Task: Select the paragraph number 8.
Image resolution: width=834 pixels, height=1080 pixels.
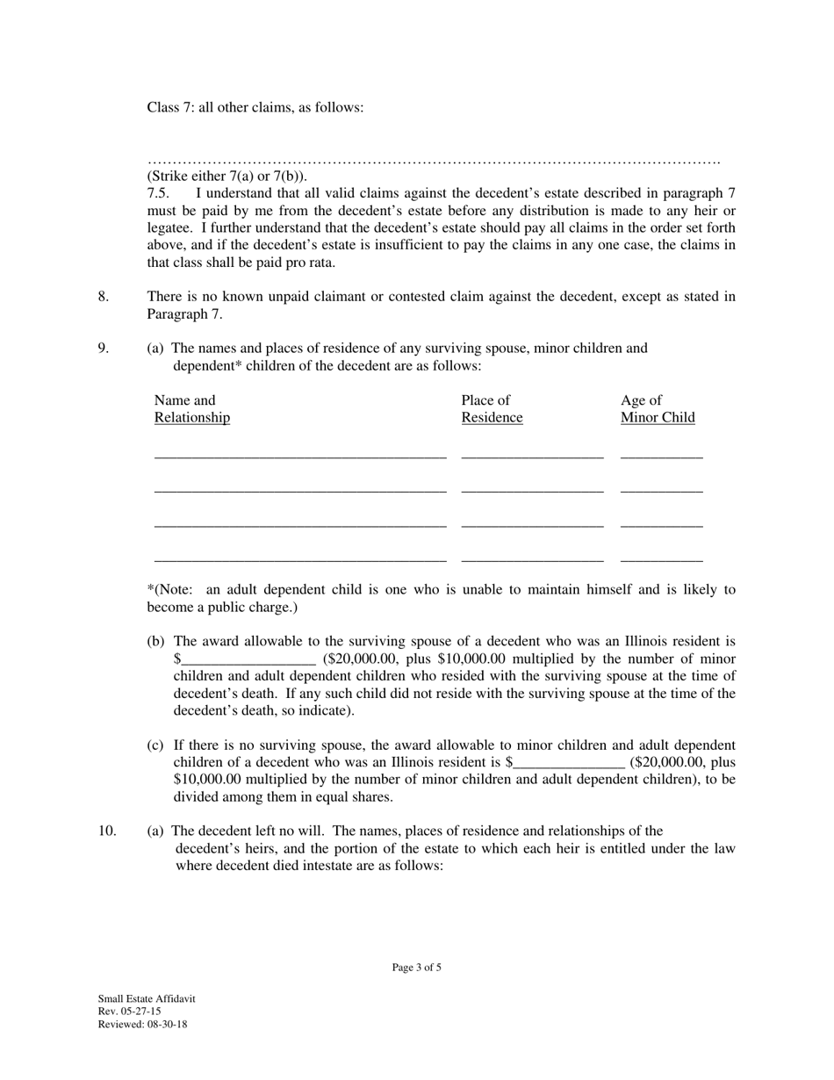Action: point(104,296)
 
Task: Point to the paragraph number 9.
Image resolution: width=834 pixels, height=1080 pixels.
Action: point(104,348)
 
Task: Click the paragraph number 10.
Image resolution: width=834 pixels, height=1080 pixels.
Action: point(107,831)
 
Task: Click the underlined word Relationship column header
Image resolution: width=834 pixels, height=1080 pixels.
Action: point(192,418)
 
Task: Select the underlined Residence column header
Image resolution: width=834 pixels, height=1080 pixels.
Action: point(492,418)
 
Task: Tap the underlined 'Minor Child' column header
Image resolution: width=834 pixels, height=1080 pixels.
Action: point(658,418)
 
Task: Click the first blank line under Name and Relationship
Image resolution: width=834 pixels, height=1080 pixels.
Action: point(300,455)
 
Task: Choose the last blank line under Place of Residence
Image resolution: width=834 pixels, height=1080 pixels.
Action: point(532,558)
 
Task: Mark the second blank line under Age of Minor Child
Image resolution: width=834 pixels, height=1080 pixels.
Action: point(661,489)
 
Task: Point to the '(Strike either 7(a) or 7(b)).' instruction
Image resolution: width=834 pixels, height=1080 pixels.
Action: point(227,176)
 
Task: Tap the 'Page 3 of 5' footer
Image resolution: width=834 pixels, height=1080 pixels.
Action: point(417,968)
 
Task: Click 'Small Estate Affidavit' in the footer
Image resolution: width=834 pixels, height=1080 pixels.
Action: point(147,999)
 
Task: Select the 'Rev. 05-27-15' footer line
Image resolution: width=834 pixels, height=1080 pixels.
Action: point(129,1012)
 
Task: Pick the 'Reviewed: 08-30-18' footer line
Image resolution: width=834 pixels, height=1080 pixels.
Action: point(142,1024)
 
